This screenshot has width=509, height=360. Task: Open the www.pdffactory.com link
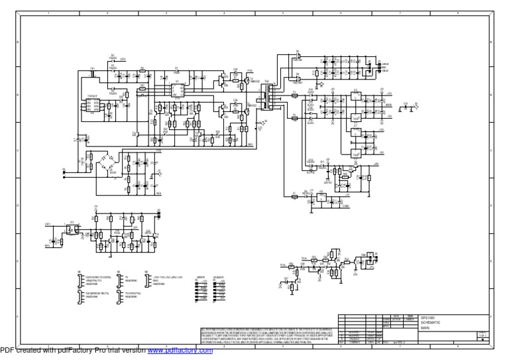[x=180, y=351]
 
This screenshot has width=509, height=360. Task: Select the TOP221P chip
[x=92, y=103]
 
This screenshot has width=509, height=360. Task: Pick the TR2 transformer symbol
[x=268, y=99]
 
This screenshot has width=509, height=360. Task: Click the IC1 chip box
[x=177, y=89]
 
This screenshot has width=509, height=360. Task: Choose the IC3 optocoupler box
[x=71, y=229]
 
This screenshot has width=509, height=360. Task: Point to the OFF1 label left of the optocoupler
[x=48, y=224]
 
